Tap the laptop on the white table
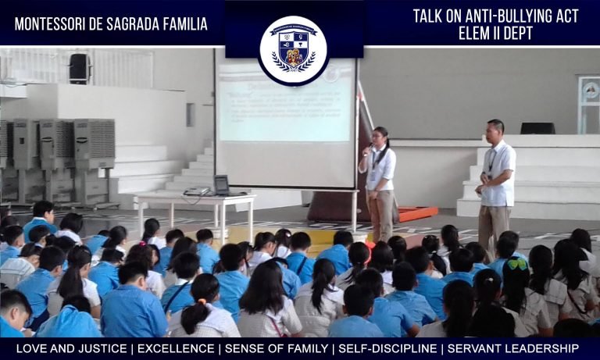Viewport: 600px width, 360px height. click(222, 186)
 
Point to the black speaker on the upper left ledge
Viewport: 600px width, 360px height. click(80, 68)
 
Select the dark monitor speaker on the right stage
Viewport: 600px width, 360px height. click(537, 128)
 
